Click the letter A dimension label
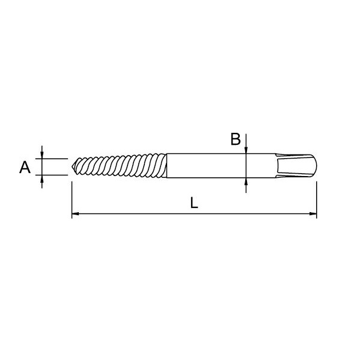pos(25,167)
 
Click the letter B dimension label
pos(236,139)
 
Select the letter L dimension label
pos(194,203)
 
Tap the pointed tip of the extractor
pos(72,166)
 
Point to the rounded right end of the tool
pos(316,165)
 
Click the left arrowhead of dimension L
pos(76,214)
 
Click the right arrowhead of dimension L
pos(313,214)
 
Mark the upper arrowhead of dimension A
pos(42,155)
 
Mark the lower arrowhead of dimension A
pos(42,179)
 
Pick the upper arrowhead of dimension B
pos(246,150)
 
